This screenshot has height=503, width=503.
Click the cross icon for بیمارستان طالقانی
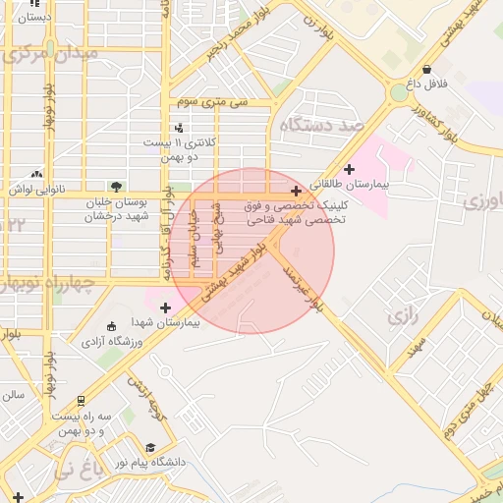[x=349, y=170]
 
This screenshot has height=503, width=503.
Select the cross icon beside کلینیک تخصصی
[x=297, y=191]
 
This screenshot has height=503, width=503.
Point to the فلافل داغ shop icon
[x=427, y=69]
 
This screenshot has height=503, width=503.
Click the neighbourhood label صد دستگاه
[x=321, y=127]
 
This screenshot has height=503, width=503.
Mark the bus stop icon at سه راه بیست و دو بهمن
[x=80, y=401]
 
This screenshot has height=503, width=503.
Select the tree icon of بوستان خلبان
[x=118, y=186]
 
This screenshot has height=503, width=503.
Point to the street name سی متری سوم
[x=213, y=101]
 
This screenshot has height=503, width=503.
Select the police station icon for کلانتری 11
[x=178, y=127]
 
